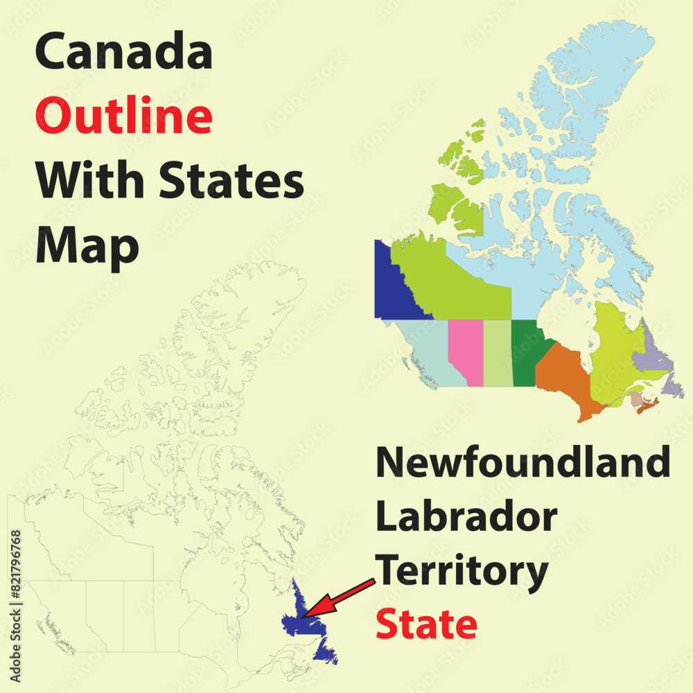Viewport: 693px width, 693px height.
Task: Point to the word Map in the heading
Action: [87, 244]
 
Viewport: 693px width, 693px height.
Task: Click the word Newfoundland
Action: [523, 462]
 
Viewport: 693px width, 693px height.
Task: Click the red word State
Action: [426, 624]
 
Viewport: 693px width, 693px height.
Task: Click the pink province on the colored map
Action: [464, 350]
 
